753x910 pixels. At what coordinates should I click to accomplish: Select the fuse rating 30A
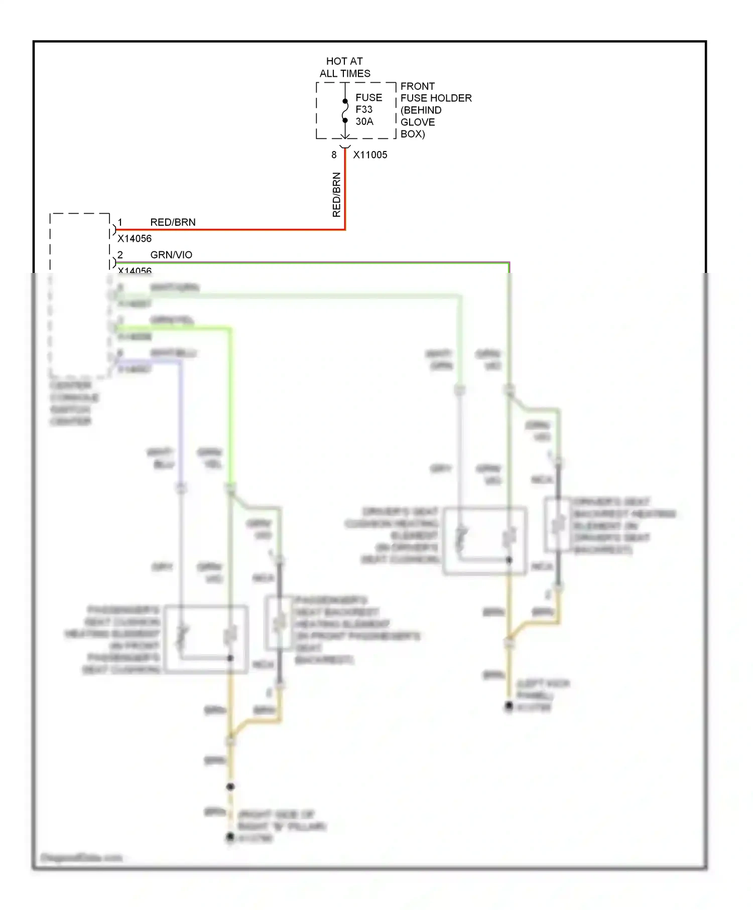click(364, 121)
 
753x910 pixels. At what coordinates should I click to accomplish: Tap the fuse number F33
click(364, 109)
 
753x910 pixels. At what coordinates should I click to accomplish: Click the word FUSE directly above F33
click(368, 97)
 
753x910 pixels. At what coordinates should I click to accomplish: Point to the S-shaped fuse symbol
click(345, 111)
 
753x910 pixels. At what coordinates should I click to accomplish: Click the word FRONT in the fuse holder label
click(417, 86)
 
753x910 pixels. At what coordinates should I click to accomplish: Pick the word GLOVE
click(417, 122)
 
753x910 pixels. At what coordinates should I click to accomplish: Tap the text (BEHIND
click(421, 110)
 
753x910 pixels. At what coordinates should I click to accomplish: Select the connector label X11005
click(370, 155)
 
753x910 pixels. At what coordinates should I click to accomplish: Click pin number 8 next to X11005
click(334, 155)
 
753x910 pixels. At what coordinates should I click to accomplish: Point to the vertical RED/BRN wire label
click(336, 195)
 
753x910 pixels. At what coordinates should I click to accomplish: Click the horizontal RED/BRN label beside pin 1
click(173, 222)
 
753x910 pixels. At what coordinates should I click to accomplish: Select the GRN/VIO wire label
click(171, 255)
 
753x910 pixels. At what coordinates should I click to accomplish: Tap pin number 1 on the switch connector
click(120, 222)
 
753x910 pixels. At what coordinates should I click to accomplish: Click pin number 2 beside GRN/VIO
click(120, 255)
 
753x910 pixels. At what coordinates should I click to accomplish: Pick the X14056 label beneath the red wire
click(135, 239)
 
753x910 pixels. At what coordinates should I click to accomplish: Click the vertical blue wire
click(181, 421)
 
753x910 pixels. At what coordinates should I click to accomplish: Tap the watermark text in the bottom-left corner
click(81, 857)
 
